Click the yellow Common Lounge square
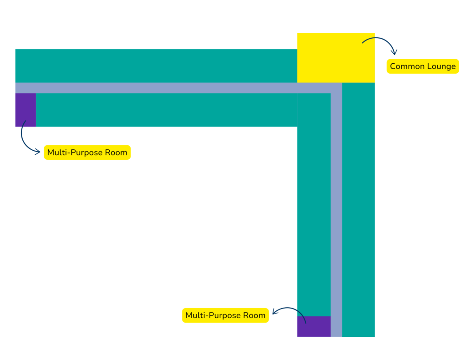336,58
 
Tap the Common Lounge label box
423,66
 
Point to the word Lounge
441,67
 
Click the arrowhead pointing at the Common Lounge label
394,52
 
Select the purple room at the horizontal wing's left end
25,110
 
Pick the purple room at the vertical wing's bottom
314,326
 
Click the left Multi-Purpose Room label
87,152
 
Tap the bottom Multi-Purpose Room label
225,315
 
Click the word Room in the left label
117,152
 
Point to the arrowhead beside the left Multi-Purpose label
37,152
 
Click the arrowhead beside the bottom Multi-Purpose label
275,312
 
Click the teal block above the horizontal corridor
157,66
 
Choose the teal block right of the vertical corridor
359,209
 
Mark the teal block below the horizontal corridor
167,110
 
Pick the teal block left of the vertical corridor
314,205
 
